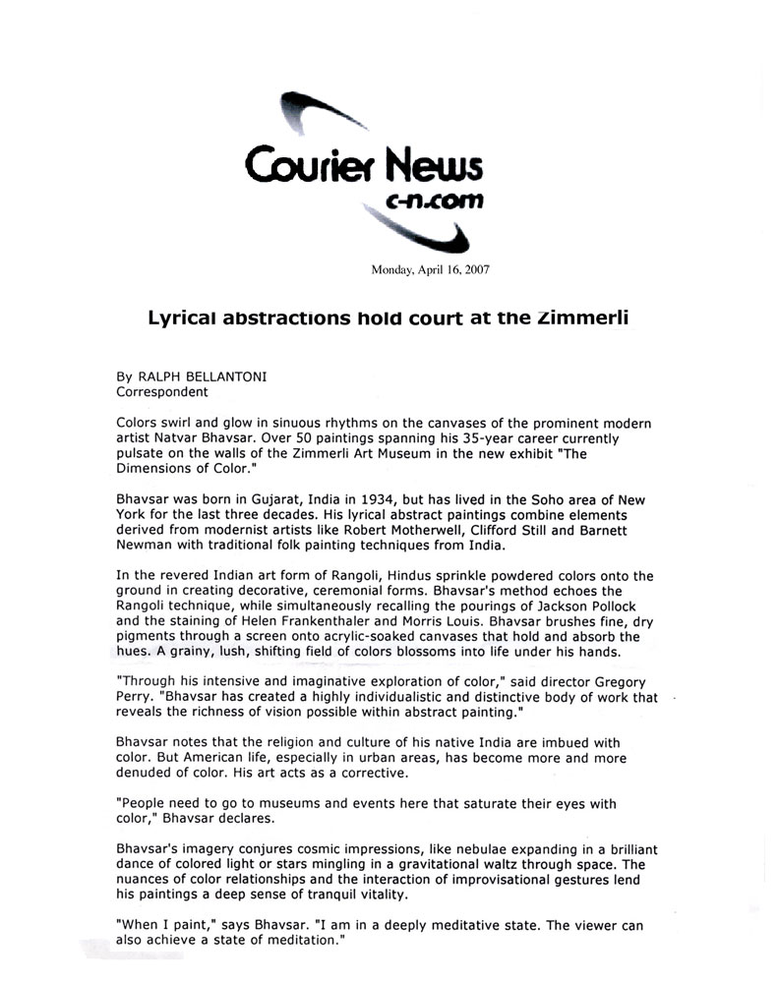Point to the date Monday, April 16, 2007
pyautogui.click(x=430, y=268)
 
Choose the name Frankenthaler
pyautogui.click(x=328, y=622)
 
